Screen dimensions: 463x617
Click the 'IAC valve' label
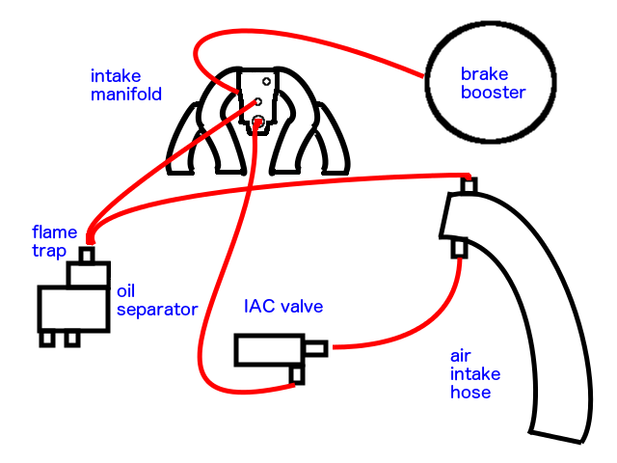point(282,307)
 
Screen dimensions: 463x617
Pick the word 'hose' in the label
point(471,393)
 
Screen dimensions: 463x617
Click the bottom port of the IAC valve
point(298,374)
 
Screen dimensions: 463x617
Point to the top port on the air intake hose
point(469,183)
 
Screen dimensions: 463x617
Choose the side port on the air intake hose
point(461,250)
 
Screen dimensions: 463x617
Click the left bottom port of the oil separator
point(46,339)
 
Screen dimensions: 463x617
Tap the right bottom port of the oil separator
point(71,339)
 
